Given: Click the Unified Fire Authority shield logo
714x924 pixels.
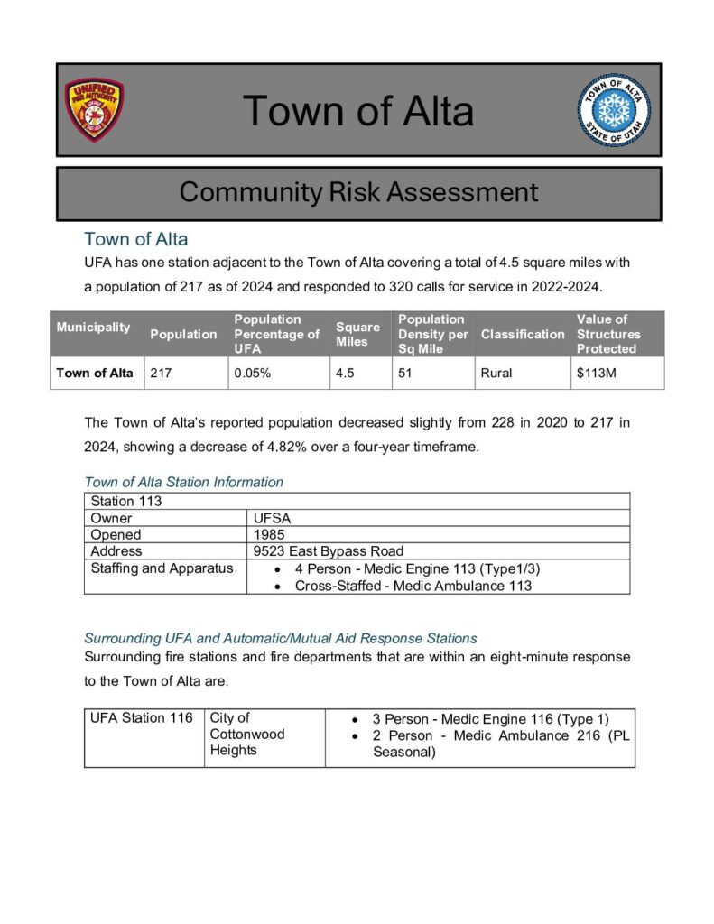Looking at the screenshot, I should [x=94, y=110].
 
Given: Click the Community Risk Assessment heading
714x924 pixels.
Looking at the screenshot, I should [x=358, y=192].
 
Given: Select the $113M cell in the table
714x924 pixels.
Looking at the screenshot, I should [x=597, y=373].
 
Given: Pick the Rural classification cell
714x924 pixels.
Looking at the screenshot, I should [x=496, y=373].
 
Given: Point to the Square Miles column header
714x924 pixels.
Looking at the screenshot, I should [x=357, y=334].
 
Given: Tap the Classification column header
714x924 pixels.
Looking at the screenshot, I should [x=523, y=334].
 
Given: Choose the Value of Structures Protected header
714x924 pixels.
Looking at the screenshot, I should [x=608, y=334].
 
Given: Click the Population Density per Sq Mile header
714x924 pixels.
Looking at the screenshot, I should [x=432, y=334].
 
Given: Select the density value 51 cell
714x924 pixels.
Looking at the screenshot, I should [x=405, y=373].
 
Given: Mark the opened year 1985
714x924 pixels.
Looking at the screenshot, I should [x=270, y=534].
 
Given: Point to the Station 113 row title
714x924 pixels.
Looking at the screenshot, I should [x=125, y=502].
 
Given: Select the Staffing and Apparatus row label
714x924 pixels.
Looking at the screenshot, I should [x=162, y=568].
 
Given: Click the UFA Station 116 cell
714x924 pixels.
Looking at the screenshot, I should [x=142, y=718].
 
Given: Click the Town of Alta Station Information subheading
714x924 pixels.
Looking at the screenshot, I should [x=183, y=482].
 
